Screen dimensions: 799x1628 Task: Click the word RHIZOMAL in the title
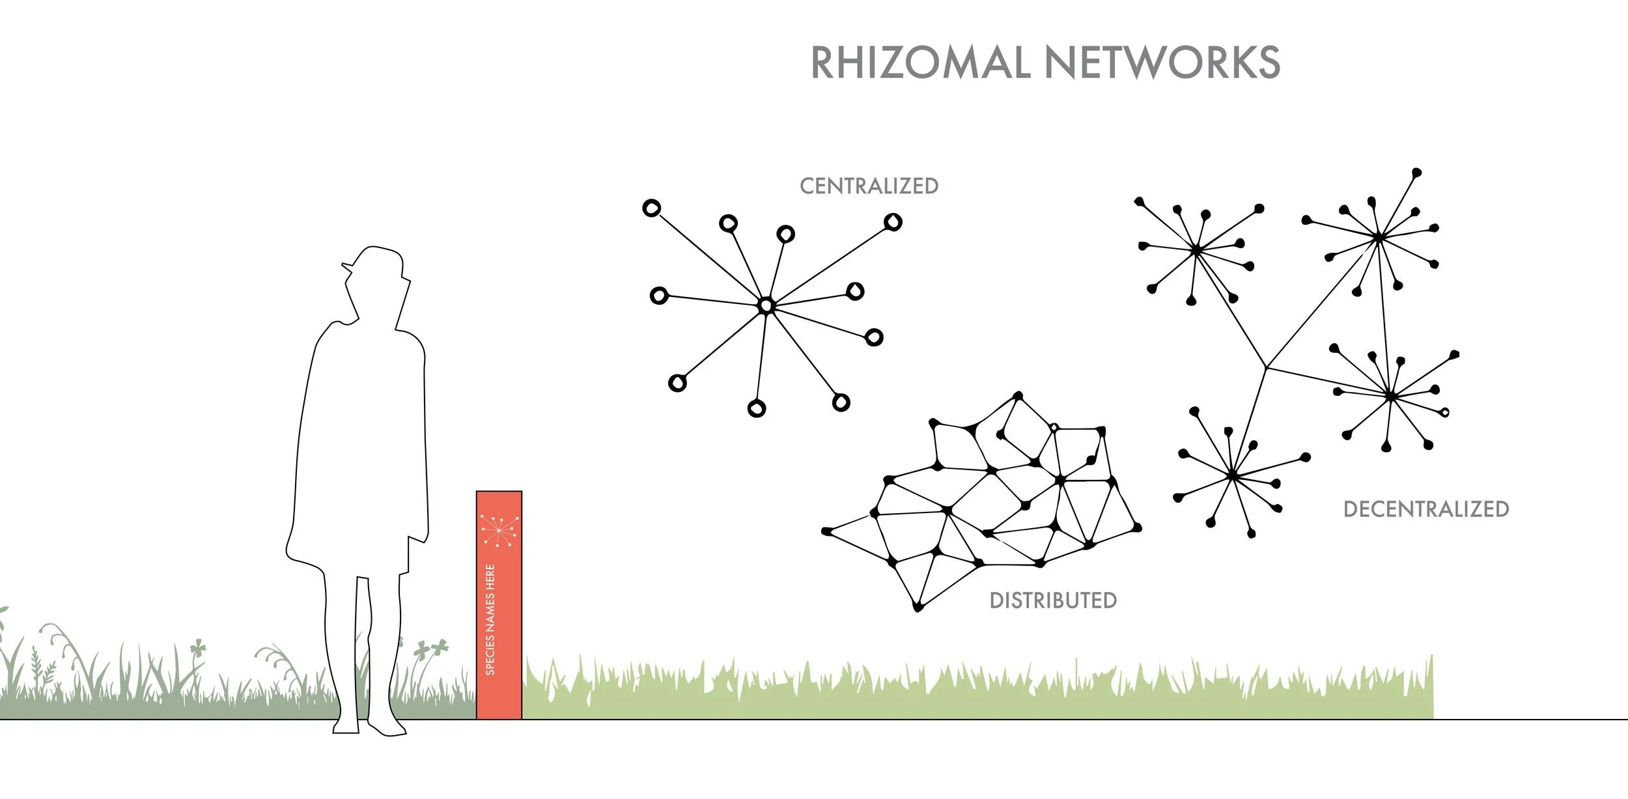click(x=919, y=63)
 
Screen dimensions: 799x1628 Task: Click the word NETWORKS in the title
click(x=1162, y=63)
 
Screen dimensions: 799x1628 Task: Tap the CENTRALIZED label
click(x=869, y=186)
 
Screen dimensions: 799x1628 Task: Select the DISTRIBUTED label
click(x=1053, y=600)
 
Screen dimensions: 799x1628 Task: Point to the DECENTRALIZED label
click(x=1426, y=509)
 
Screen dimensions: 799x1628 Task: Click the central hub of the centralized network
click(x=767, y=305)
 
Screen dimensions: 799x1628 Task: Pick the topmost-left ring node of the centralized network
click(x=651, y=208)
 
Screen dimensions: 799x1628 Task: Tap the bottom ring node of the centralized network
click(x=757, y=408)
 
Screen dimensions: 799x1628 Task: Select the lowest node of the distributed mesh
click(x=918, y=608)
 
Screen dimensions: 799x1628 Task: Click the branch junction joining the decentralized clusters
click(x=1266, y=369)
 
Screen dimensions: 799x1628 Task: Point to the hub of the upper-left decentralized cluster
click(x=1196, y=249)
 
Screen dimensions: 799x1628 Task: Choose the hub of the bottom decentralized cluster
click(x=1232, y=476)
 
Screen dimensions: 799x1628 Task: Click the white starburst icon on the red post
click(x=499, y=530)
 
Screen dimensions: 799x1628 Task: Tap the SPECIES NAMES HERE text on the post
click(x=490, y=619)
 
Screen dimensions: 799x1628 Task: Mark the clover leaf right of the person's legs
click(x=432, y=648)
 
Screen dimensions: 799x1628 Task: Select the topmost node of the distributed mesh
click(x=1018, y=395)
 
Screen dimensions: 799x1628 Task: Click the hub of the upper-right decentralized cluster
click(x=1379, y=238)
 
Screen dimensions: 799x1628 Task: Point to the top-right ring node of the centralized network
click(x=893, y=222)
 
